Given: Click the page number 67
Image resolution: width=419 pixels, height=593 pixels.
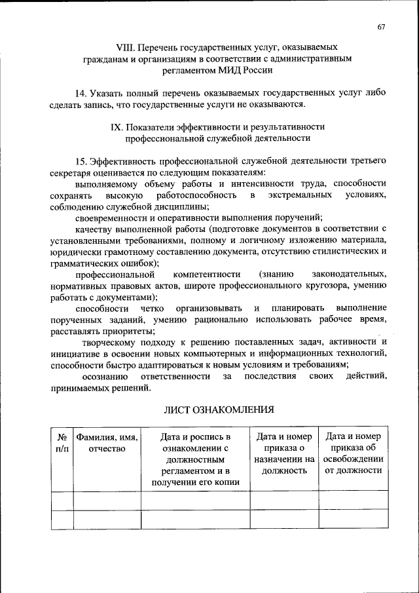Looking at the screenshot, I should pyautogui.click(x=382, y=26).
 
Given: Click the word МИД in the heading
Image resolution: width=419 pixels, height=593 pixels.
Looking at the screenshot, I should pyautogui.click(x=233, y=70).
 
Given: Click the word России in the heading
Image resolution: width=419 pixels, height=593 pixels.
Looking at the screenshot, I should pyautogui.click(x=260, y=70).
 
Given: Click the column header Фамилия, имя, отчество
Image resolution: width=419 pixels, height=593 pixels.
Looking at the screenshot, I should pyautogui.click(x=106, y=443).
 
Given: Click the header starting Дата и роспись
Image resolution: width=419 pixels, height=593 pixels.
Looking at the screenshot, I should pyautogui.click(x=195, y=459).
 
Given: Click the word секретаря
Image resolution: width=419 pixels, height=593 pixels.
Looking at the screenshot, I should pyautogui.click(x=71, y=172).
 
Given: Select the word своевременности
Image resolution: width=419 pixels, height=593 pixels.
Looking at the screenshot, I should pyautogui.click(x=109, y=218).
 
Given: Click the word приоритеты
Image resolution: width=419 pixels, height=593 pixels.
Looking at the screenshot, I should pyautogui.click(x=126, y=331).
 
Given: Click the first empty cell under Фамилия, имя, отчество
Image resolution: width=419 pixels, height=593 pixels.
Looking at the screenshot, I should pyautogui.click(x=106, y=501).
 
